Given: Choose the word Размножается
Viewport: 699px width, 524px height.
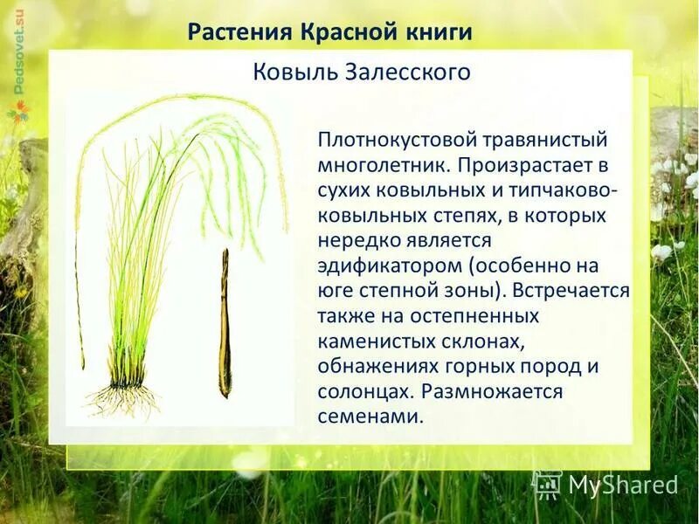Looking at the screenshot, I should point(495,391).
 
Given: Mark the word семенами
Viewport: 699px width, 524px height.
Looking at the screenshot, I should point(370,417).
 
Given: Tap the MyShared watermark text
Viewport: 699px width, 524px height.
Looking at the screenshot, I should point(622,486).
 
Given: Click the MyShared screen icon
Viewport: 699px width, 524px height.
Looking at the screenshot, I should point(547,485).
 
